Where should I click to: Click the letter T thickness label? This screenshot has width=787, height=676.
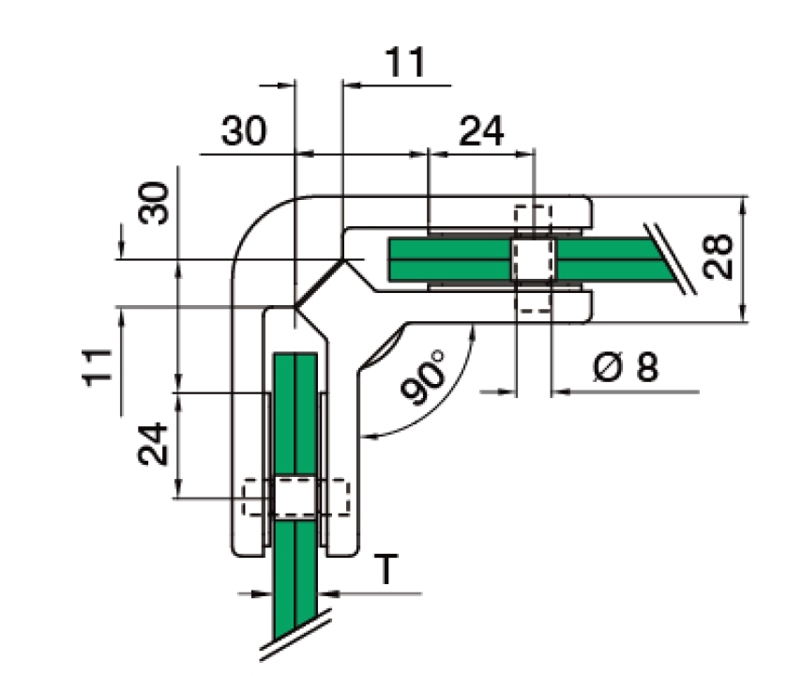tap(386, 569)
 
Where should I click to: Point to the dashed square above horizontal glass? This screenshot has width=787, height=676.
tap(534, 218)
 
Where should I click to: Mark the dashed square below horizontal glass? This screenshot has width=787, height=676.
tap(534, 300)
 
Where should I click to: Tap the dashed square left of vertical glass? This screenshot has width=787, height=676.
tap(255, 498)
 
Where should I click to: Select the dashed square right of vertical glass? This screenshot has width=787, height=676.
tap(335, 498)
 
